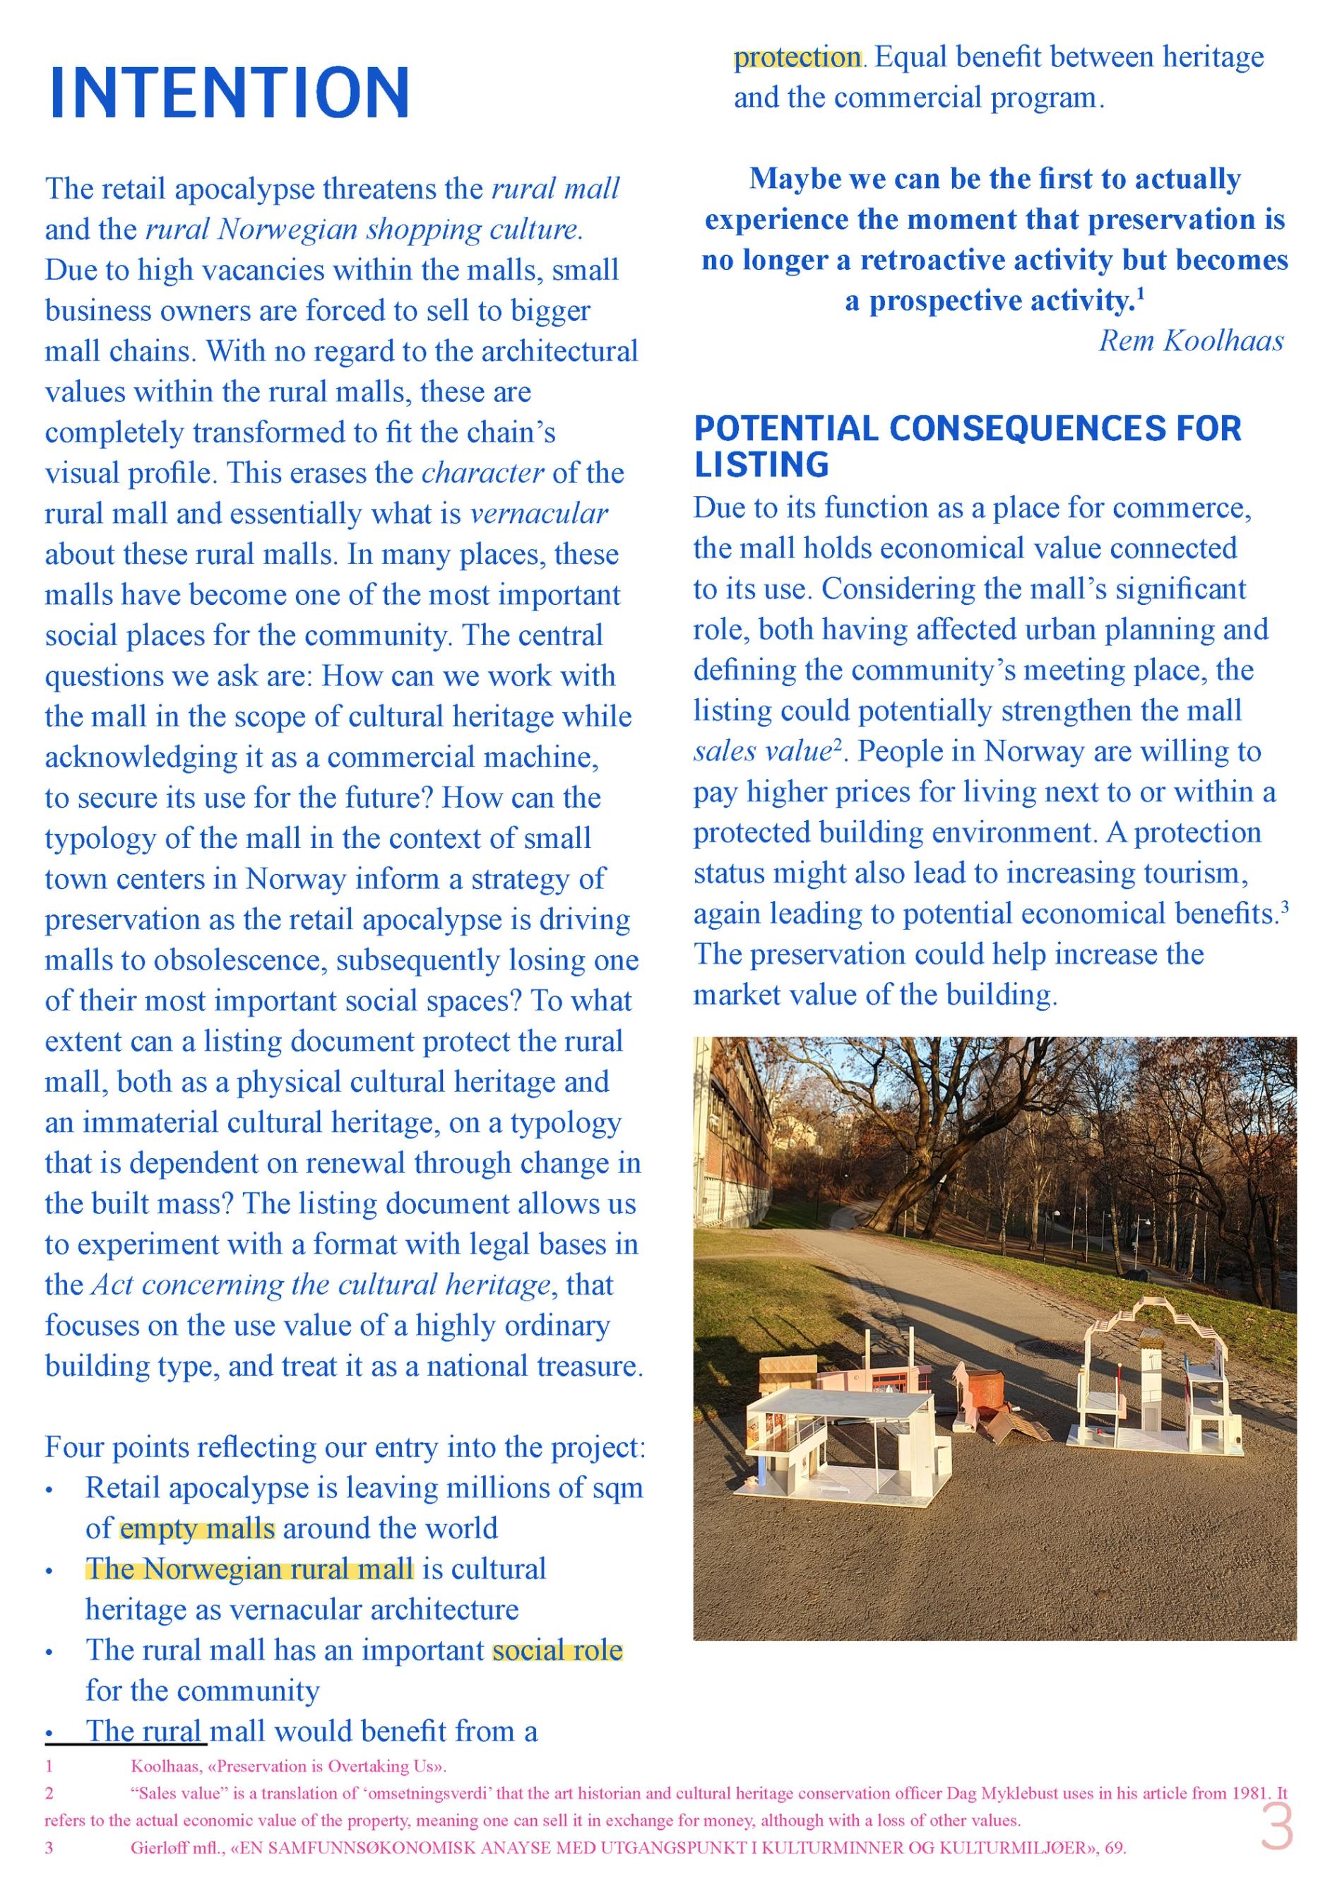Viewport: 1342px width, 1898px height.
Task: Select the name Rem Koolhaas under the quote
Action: tap(1191, 341)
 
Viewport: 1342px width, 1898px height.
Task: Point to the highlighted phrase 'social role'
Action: tap(557, 1650)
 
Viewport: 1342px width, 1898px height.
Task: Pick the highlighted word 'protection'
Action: tap(797, 58)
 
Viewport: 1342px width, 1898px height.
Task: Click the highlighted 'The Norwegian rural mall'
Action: tap(249, 1569)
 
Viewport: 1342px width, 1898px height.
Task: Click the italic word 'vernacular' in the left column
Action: tap(539, 513)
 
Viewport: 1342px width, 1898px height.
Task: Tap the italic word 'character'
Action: tap(482, 473)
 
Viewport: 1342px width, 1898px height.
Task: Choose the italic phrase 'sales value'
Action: tap(762, 751)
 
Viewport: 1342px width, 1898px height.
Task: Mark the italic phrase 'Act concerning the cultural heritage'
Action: tap(321, 1285)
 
